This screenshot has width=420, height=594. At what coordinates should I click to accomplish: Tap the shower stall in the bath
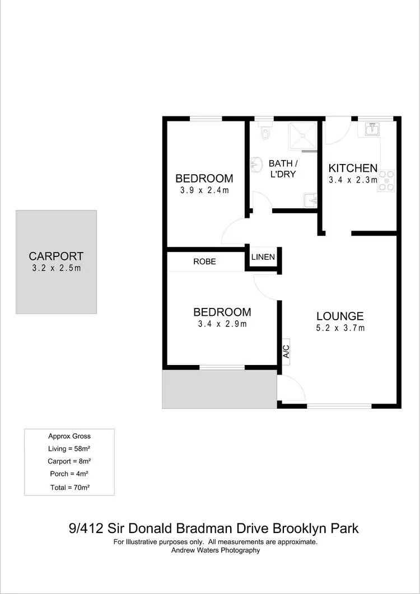302,136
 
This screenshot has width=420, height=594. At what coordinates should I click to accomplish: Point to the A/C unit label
286,351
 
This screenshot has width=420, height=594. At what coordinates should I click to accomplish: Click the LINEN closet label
263,258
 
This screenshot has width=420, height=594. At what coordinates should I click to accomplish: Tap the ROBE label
204,261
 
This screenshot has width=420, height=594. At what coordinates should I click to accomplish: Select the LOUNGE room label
340,316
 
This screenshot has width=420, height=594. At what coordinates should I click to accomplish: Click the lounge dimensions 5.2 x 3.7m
340,328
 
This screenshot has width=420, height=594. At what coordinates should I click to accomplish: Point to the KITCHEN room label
353,168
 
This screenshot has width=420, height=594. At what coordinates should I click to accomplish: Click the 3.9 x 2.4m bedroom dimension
204,190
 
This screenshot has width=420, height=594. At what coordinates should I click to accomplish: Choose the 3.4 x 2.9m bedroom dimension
222,324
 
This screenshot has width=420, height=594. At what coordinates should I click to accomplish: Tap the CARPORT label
56,256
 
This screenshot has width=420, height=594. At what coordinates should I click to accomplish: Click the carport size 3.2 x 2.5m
56,268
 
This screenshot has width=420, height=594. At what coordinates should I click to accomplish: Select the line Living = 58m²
69,449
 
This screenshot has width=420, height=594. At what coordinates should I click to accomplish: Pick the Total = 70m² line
69,487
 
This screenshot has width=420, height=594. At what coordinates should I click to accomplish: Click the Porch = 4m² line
69,474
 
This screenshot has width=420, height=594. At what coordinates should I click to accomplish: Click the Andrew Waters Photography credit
216,550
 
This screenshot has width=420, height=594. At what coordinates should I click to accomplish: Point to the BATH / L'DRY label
283,169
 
